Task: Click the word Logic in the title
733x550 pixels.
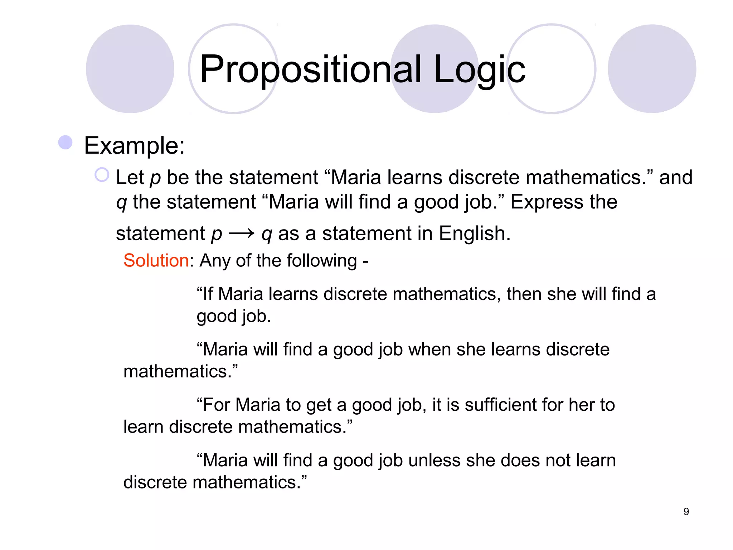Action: [480, 70]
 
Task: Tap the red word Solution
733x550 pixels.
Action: [156, 260]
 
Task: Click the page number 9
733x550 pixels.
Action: [686, 512]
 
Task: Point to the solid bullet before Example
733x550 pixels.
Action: [65, 143]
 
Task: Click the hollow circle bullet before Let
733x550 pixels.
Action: [102, 175]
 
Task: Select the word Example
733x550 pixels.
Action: [134, 146]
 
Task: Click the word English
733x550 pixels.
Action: [475, 233]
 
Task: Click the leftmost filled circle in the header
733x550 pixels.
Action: [130, 69]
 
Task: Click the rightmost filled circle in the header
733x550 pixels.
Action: [652, 69]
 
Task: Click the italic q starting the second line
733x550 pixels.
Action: [121, 203]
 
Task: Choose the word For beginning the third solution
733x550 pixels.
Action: [216, 405]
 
